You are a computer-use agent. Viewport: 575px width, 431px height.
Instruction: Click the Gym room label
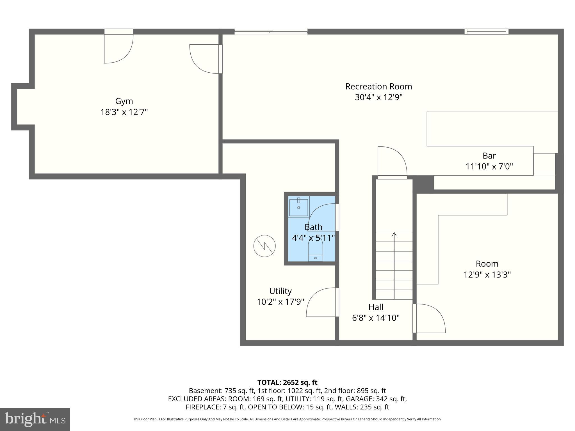[x=124, y=101]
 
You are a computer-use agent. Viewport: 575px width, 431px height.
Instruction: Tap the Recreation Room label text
[x=378, y=86]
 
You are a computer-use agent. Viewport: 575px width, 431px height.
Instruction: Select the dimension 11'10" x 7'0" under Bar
[x=489, y=167]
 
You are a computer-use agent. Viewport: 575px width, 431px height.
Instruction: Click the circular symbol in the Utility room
[x=264, y=246]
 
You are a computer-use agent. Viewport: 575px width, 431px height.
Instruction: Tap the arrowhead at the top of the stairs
[x=394, y=234]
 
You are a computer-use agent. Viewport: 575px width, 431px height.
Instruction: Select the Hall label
[x=376, y=307]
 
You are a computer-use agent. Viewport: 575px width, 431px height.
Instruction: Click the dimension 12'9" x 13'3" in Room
[x=487, y=274]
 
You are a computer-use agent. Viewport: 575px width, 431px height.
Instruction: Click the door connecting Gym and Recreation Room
[x=205, y=59]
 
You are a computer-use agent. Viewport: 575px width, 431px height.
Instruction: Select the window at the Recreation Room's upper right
[x=486, y=31]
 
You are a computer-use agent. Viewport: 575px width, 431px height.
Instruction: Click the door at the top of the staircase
[x=392, y=163]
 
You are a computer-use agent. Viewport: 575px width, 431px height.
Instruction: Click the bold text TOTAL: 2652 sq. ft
[x=287, y=382]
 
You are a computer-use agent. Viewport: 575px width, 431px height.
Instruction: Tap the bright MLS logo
[x=35, y=419]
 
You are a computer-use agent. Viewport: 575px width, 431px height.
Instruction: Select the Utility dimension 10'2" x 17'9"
[x=280, y=302]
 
